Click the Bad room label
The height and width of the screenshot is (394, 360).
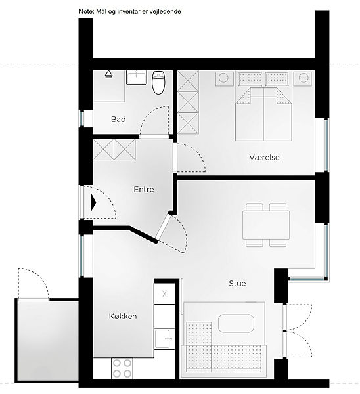point(118,119)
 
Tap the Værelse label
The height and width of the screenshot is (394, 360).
point(265,158)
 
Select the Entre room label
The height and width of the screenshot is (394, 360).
point(144,190)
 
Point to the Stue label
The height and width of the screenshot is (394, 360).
point(237,284)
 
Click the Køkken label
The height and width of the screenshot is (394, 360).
point(123,316)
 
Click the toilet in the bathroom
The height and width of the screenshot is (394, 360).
point(158,83)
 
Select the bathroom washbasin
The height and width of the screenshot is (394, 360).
point(137,77)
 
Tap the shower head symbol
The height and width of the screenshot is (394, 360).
point(108,74)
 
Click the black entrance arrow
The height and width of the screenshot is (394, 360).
point(94,202)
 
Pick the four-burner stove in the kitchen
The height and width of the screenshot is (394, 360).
point(122,368)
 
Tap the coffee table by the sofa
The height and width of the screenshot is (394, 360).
point(236,323)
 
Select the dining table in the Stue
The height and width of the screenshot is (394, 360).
point(266,225)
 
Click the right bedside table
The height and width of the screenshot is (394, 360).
point(304,78)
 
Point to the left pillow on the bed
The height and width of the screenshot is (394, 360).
point(250,78)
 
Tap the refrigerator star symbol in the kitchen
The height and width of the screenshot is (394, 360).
point(164,294)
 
